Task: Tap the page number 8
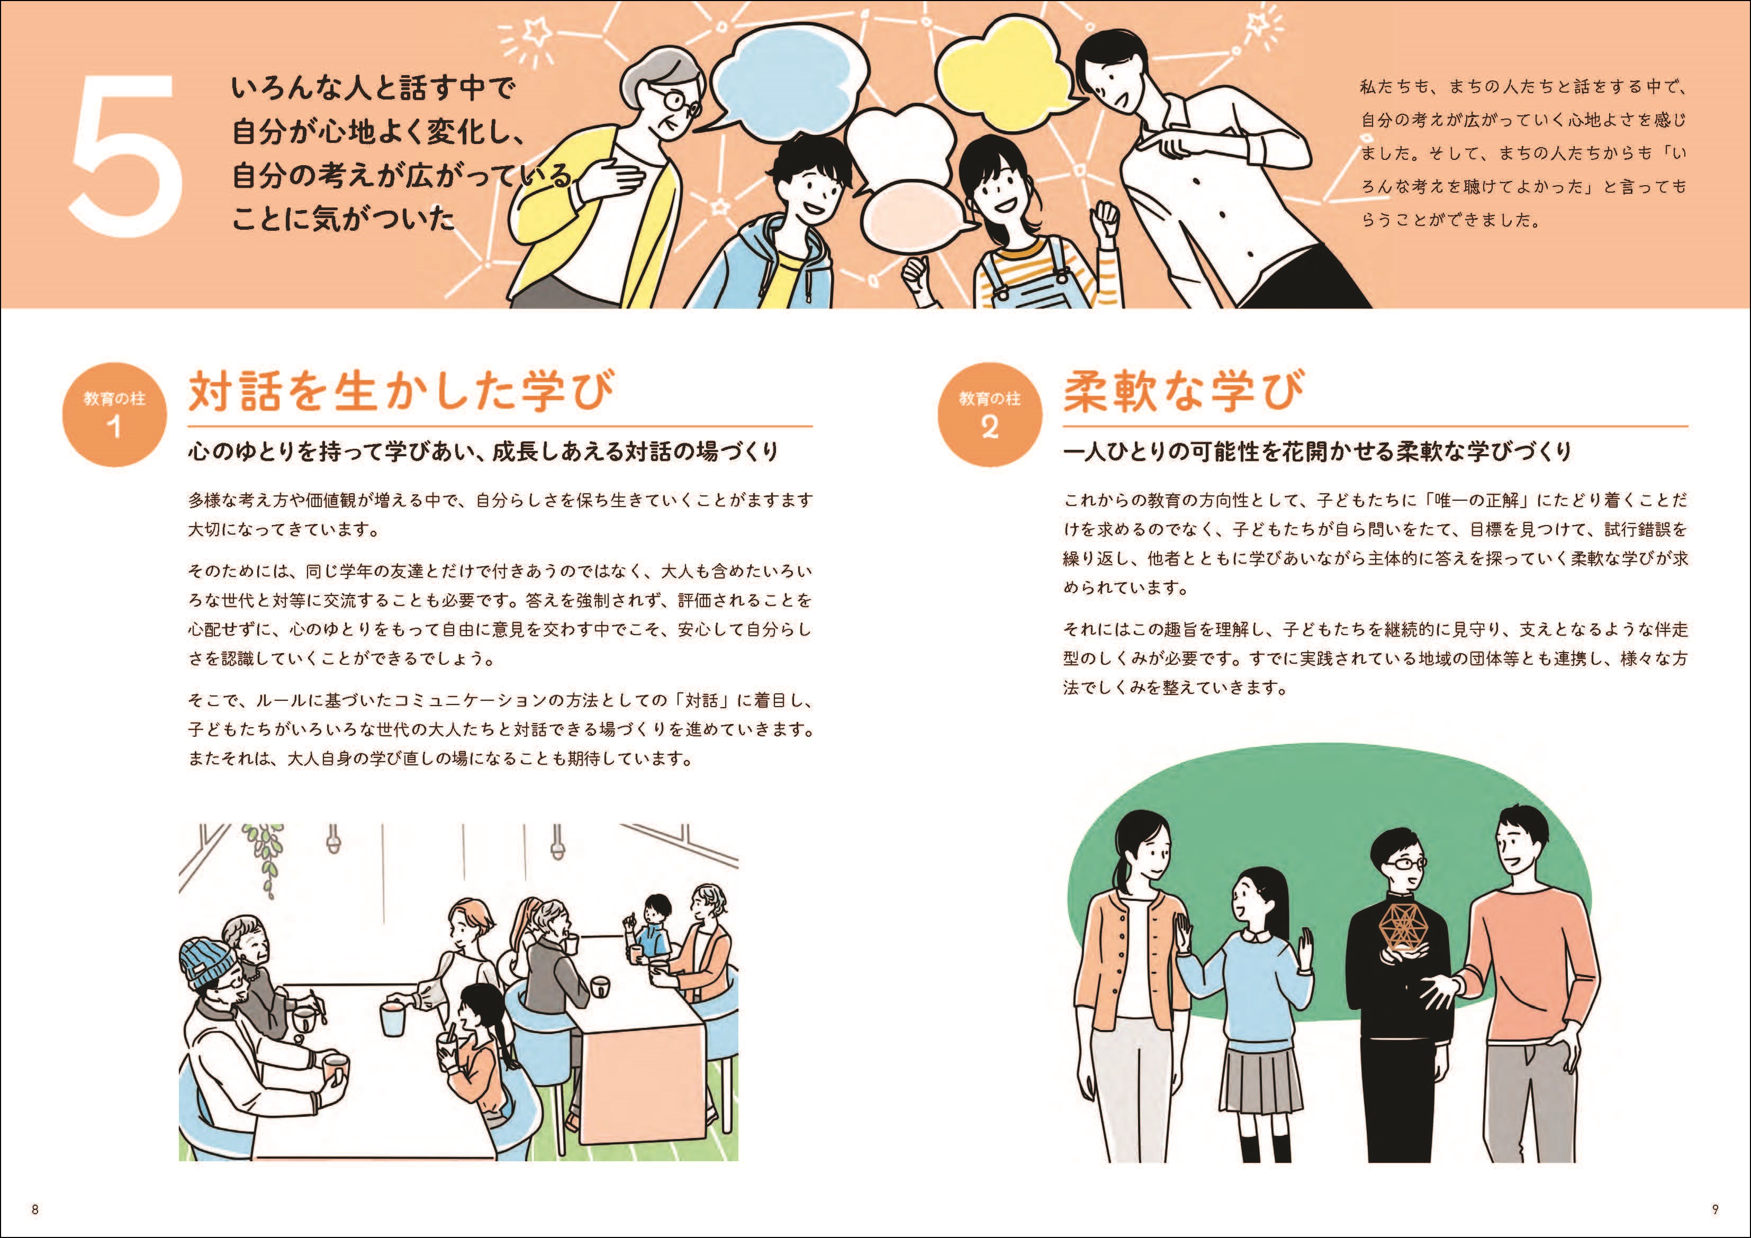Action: [x=34, y=1209]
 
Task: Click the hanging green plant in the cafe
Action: [x=265, y=854]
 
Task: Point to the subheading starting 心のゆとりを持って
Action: [x=483, y=451]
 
